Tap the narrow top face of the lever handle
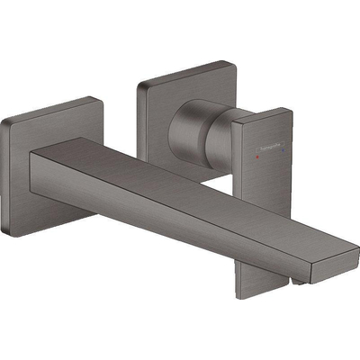(x=261, y=113)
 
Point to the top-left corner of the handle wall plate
(x=138, y=85)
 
